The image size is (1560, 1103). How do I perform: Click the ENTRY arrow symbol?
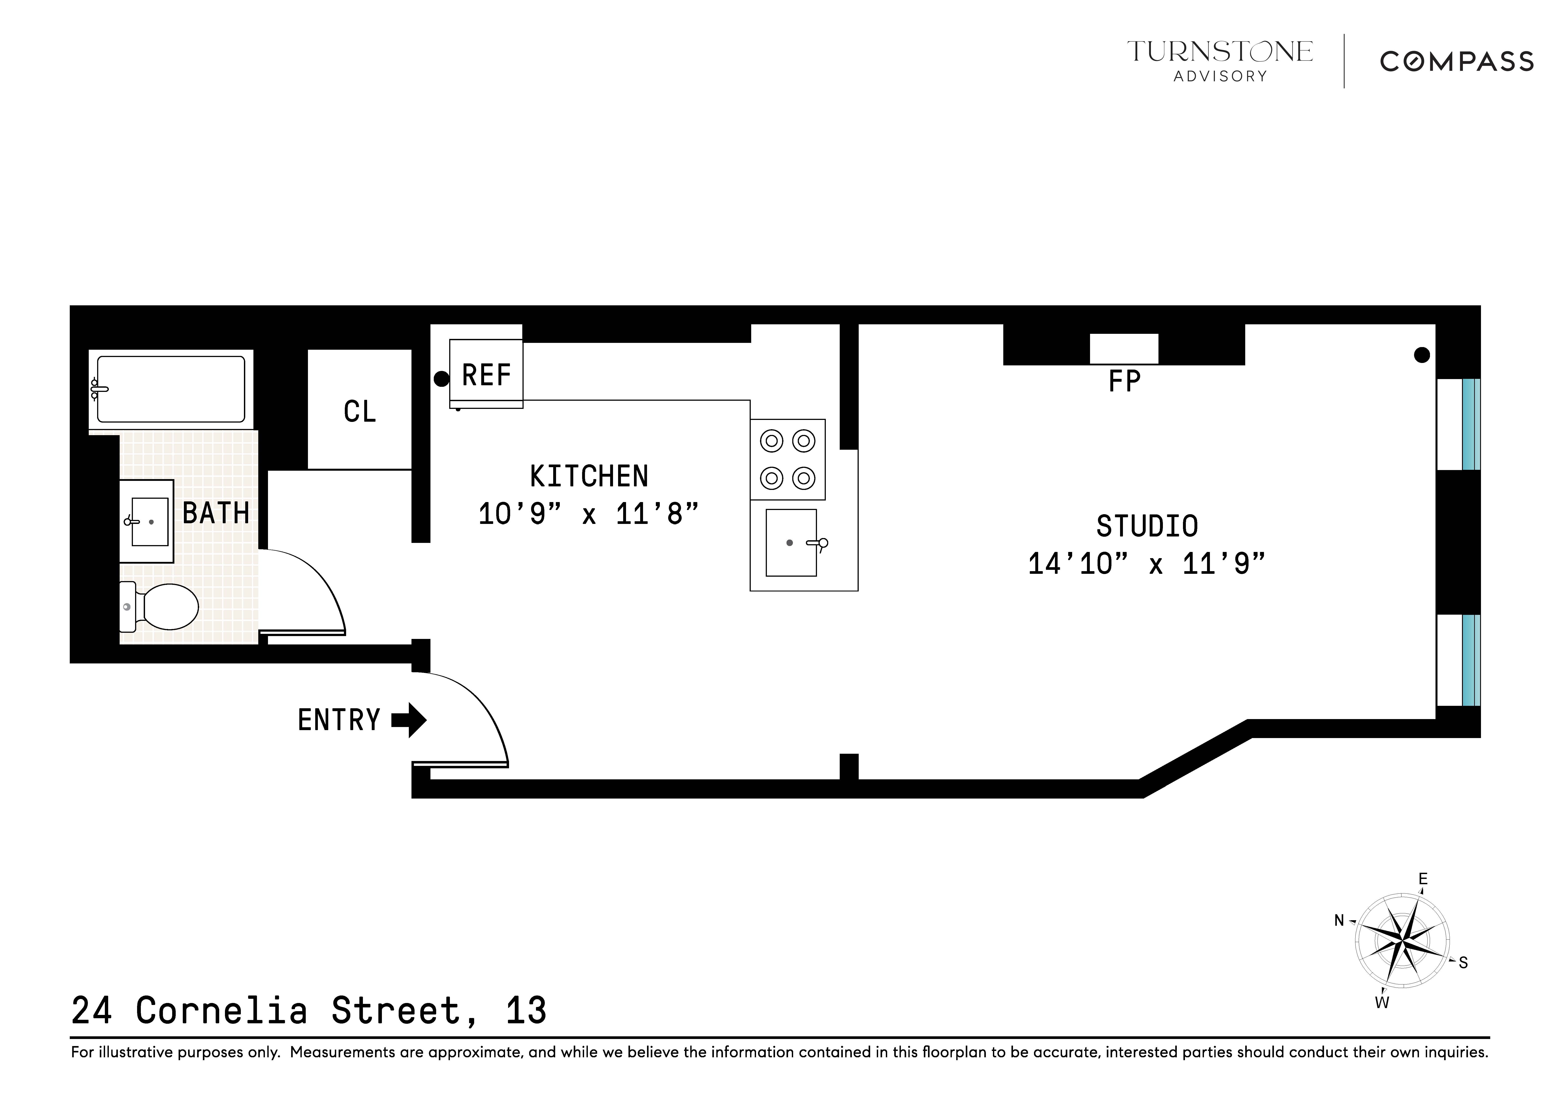point(409,720)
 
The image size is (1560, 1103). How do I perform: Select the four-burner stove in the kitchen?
point(787,459)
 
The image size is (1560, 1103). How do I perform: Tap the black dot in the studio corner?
point(1421,355)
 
